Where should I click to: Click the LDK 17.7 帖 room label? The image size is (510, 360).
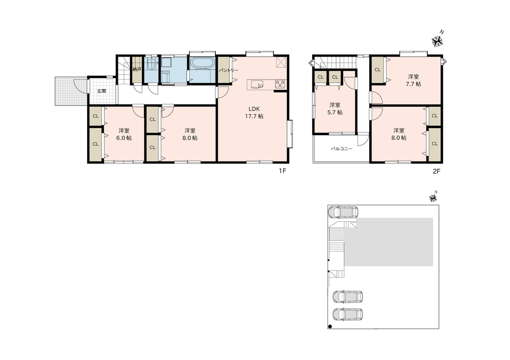click(254, 113)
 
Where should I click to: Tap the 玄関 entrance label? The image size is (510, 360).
click(101, 91)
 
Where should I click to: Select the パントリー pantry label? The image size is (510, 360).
click(228, 70)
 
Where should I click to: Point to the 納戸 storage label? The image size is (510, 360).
click(137, 69)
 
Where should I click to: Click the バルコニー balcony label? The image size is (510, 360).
click(342, 148)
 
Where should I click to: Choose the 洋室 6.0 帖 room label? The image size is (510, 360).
click(124, 134)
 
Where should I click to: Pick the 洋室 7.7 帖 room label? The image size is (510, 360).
click(414, 81)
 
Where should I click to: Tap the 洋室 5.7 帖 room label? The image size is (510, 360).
click(335, 109)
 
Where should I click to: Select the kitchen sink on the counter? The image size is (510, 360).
click(257, 85)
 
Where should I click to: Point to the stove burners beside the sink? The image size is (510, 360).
click(280, 84)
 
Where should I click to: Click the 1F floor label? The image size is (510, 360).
click(282, 171)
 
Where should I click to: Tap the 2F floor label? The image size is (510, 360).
click(436, 171)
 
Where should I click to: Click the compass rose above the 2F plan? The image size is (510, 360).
click(438, 40)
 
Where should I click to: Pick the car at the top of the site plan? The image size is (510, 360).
click(343, 212)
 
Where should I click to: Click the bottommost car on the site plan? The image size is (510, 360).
click(348, 314)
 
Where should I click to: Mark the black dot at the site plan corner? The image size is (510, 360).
click(330, 326)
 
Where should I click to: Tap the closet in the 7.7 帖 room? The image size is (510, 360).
click(377, 69)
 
